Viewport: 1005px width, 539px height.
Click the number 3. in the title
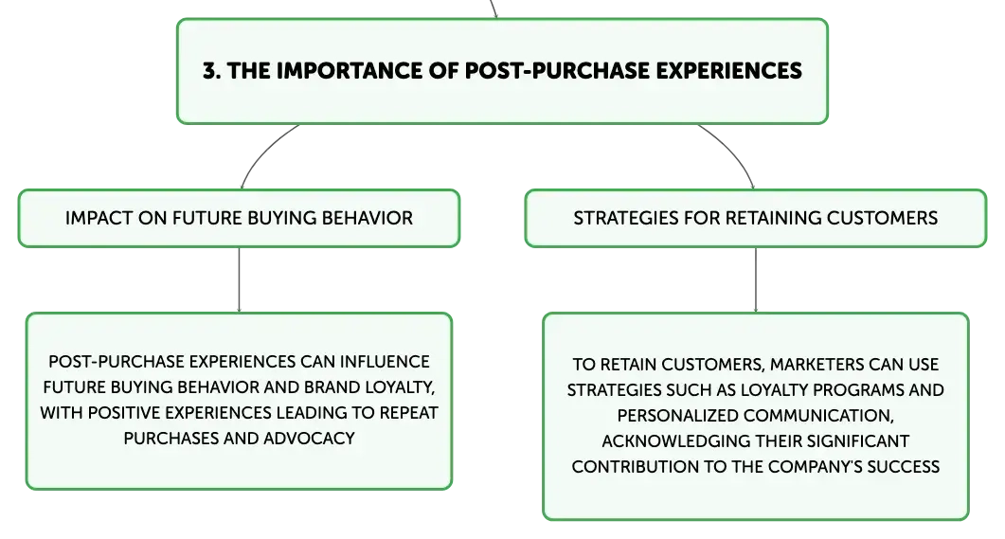point(212,70)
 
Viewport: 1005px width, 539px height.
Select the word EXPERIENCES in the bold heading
point(728,70)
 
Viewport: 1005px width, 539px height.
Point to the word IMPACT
point(99,218)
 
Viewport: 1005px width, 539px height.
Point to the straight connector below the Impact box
point(239,280)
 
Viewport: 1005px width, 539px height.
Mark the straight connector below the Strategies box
point(756,280)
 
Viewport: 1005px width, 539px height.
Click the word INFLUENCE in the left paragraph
point(385,362)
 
